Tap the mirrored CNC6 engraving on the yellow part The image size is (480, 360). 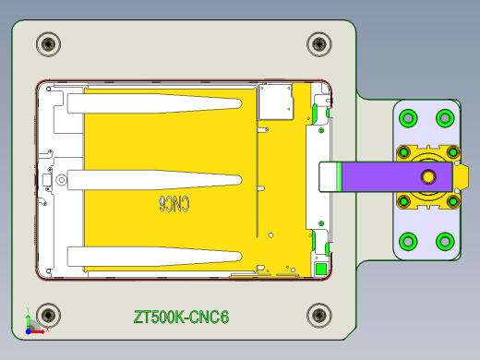tap(174, 203)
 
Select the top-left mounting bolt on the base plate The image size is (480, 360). tap(48, 43)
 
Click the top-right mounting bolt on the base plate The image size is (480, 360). tap(318, 43)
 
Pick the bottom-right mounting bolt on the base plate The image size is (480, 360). tap(318, 315)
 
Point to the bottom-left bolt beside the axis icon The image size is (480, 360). tap(48, 315)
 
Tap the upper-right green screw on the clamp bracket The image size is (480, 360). tap(445, 118)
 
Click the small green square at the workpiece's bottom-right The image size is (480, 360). tap(320, 269)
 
